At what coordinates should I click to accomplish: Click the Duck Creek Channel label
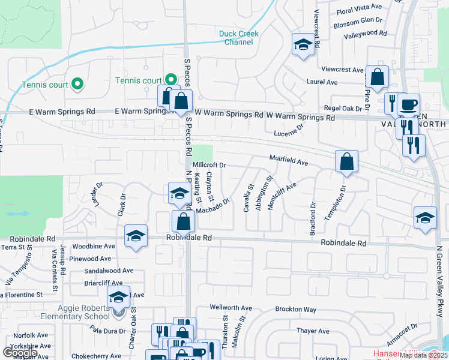point(239,38)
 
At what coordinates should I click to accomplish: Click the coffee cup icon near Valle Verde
point(408,104)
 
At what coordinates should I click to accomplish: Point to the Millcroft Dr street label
point(209,164)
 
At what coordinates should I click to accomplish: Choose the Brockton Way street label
point(295,310)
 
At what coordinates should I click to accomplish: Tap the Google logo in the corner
point(20,352)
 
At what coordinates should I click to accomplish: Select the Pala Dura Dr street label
point(108,331)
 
